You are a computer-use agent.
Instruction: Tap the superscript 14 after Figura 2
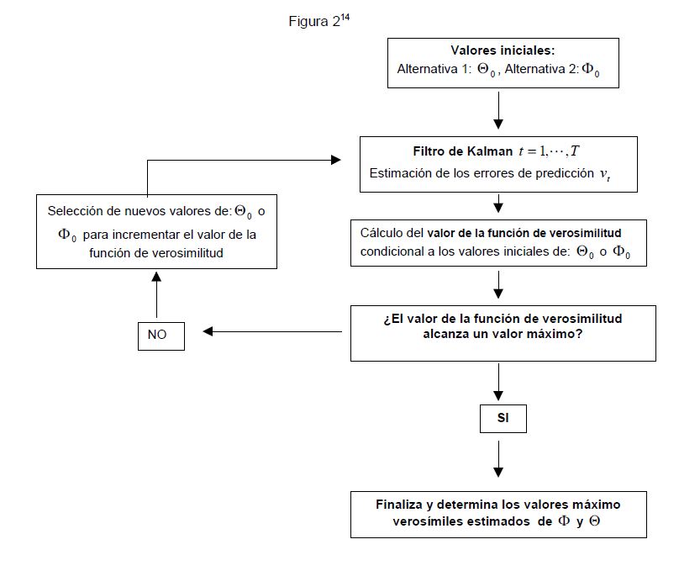pyautogui.click(x=345, y=18)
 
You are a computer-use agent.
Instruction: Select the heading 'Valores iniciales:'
pyautogui.click(x=503, y=50)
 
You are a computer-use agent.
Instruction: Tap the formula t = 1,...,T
pyautogui.click(x=549, y=151)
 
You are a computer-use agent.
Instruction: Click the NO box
pyautogui.click(x=157, y=335)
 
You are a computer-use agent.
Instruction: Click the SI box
pyautogui.click(x=503, y=417)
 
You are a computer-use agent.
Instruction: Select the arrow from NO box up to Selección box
pyautogui.click(x=156, y=294)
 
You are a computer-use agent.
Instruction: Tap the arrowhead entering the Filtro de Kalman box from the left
pyautogui.click(x=335, y=160)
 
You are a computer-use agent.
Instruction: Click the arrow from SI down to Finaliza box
pyautogui.click(x=499, y=459)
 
